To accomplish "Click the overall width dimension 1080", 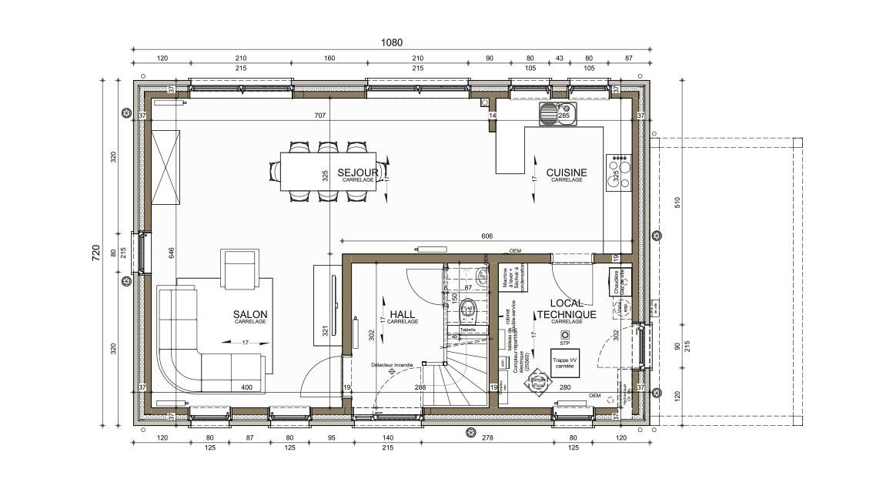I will pos(392,42).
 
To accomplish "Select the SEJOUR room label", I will pos(358,172).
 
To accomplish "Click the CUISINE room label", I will pos(567,172).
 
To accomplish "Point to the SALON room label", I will pos(250,314).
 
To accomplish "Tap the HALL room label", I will pos(403,314).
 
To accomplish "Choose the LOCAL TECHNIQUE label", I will pos(566,310).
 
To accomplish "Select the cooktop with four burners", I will pos(619,172).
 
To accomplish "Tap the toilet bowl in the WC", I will pos(468,312).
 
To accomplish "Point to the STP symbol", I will pos(565,336).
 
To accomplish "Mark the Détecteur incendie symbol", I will pos(391,371).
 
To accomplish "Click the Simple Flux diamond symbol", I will pos(537,382).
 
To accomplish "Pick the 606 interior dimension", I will pos(487,236).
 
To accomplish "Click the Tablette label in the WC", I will pos(467,330).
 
